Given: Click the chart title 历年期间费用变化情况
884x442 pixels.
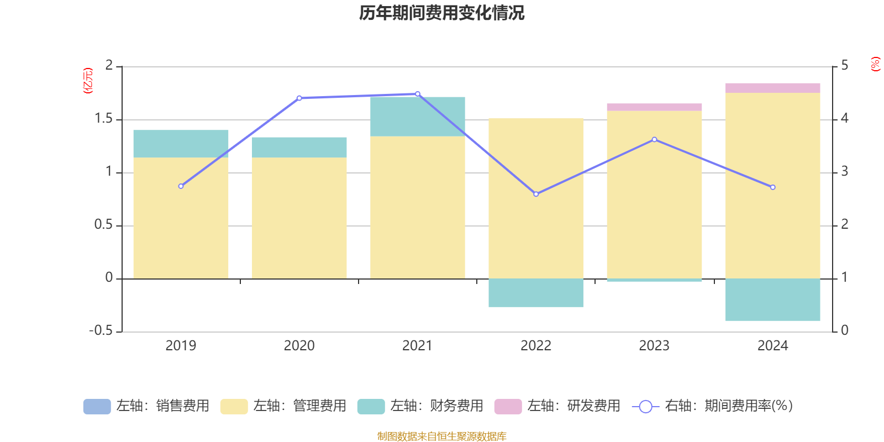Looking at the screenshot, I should tap(441, 13).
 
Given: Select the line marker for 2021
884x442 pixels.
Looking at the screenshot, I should tap(417, 94).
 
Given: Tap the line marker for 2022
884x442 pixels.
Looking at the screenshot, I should tap(536, 194).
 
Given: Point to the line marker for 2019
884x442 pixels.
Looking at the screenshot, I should tap(181, 186).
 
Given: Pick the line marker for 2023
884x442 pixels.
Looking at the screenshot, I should tap(654, 140).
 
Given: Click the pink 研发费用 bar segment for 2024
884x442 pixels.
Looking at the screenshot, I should tap(772, 88).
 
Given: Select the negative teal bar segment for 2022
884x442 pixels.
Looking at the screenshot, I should tap(536, 293).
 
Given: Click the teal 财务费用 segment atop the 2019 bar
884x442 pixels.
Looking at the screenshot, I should tap(181, 144).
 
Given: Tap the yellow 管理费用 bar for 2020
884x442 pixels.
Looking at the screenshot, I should tap(299, 218).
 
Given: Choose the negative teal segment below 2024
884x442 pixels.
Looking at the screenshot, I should tap(772, 299).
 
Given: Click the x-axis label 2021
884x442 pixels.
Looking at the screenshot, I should tap(417, 346).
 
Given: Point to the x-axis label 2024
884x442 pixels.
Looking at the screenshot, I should tap(772, 346).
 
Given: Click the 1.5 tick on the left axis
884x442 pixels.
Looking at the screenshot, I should tap(103, 119).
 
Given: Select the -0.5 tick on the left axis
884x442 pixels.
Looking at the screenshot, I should tap(101, 330).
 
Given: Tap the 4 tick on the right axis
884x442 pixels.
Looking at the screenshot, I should tap(844, 119).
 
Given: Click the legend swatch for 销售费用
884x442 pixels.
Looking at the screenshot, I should tap(97, 406).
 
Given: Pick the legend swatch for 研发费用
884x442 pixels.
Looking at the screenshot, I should tap(508, 406).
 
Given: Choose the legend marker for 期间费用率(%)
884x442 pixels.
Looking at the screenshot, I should tap(645, 407).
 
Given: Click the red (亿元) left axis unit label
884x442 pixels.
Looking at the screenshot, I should tap(88, 81).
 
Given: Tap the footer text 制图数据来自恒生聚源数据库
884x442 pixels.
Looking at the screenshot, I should tap(441, 436).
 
